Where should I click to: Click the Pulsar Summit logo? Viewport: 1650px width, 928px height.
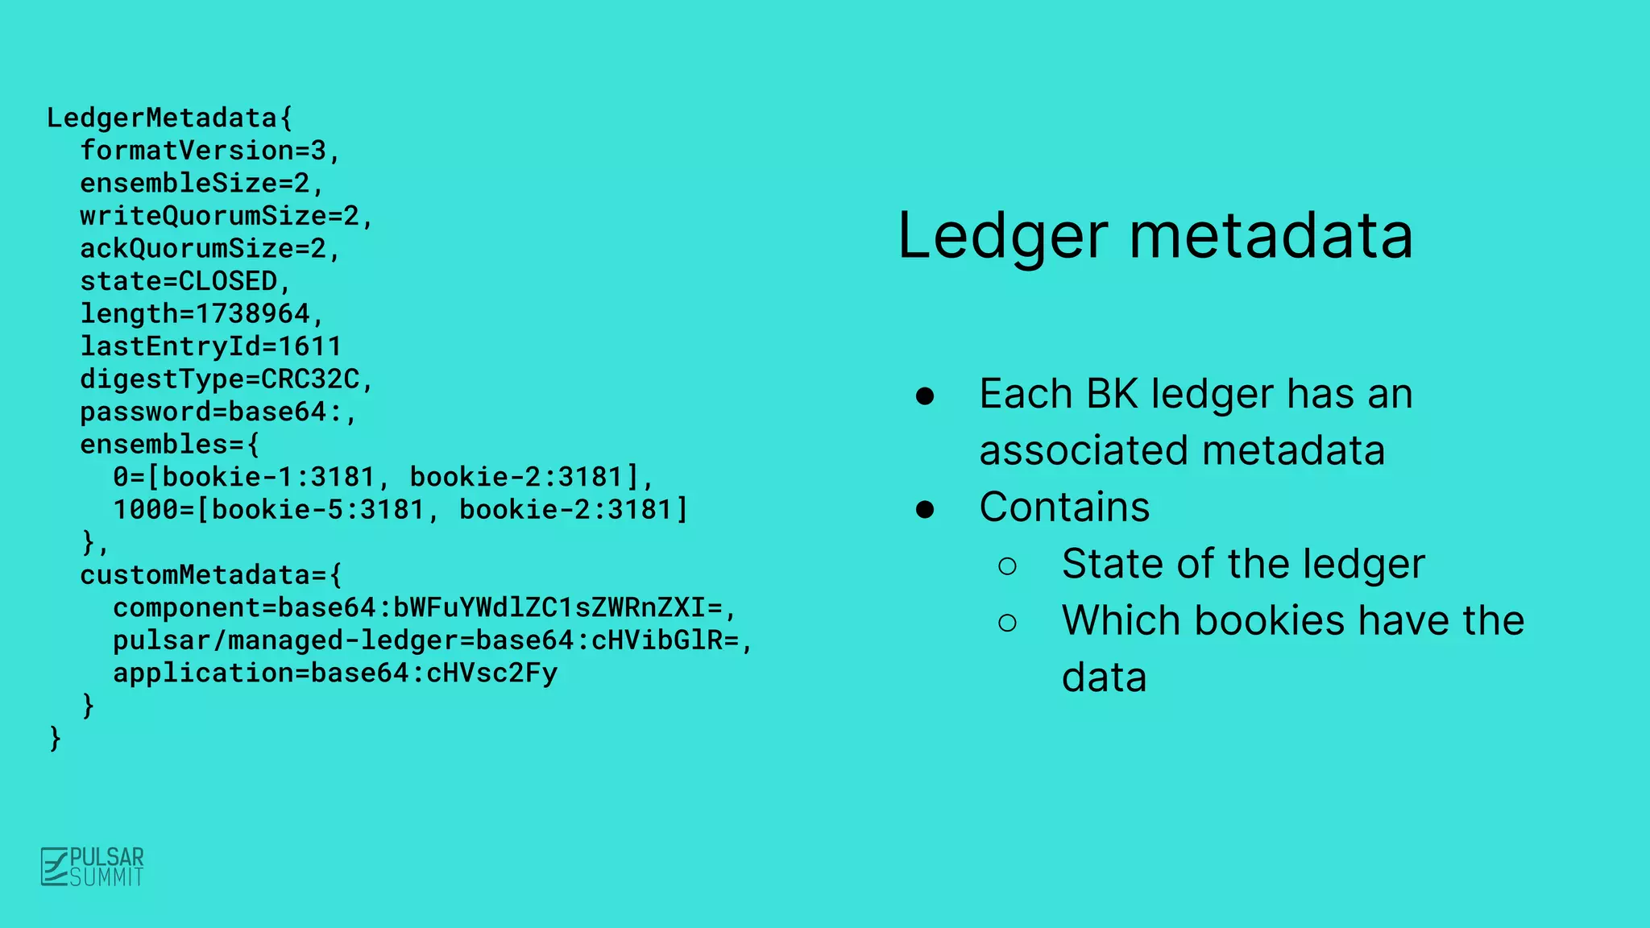click(x=92, y=867)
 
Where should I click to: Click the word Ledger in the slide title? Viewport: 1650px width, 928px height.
click(x=1002, y=237)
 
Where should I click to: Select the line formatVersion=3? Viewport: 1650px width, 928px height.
click(x=209, y=151)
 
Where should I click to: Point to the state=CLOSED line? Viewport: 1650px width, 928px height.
click(x=184, y=281)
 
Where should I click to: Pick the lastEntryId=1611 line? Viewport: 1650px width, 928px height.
click(x=210, y=346)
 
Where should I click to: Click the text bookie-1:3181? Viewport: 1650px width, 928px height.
click(x=268, y=477)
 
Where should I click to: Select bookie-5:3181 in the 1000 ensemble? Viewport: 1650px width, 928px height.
click(x=317, y=510)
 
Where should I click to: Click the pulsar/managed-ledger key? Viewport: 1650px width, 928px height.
click(x=285, y=640)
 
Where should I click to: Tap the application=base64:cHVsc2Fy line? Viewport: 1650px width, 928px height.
click(x=334, y=673)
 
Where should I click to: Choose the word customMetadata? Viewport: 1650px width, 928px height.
click(x=194, y=575)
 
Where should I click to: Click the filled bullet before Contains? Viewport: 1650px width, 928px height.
click(x=925, y=509)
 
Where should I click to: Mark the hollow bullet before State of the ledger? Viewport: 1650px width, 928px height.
click(x=1007, y=565)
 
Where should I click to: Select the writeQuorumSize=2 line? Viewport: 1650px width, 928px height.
click(x=226, y=216)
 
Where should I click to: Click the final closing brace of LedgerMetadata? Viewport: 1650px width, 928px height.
click(x=55, y=738)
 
